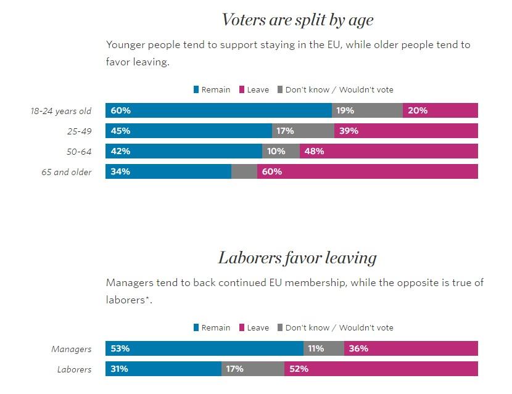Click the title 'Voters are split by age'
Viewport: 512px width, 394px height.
pos(297,20)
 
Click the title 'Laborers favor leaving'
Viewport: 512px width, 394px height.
pos(297,257)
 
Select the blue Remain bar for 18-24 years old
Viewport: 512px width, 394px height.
pos(218,111)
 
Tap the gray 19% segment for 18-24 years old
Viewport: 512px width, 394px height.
pos(367,111)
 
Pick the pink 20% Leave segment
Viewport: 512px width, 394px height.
pos(440,111)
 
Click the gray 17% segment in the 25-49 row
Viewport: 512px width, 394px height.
pos(303,131)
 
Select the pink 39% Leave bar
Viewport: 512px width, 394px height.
pos(406,131)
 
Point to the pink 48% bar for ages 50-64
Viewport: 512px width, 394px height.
pos(389,151)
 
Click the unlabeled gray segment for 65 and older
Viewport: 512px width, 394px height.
pos(244,171)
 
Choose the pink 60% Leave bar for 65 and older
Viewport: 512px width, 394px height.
pos(368,171)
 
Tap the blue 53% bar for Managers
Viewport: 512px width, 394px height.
pos(204,348)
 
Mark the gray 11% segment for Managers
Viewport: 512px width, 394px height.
pos(324,348)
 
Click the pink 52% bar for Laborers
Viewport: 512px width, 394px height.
pos(381,369)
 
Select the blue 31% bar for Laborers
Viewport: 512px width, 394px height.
pos(163,369)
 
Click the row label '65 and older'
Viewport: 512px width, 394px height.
pos(67,172)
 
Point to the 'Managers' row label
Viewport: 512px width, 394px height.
pos(71,349)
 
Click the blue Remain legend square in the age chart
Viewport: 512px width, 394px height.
pos(196,90)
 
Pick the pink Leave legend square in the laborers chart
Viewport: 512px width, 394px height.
pos(242,328)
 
